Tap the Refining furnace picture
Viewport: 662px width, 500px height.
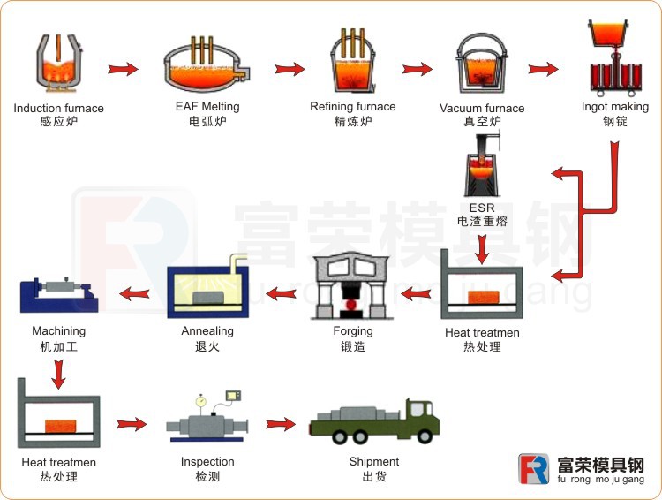pyautogui.click(x=352, y=62)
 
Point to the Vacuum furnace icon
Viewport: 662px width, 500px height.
pyautogui.click(x=482, y=65)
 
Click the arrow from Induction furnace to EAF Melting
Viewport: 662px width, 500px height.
pyautogui.click(x=123, y=68)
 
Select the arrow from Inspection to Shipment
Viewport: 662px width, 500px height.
pyautogui.click(x=282, y=424)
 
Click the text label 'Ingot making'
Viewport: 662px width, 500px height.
pyautogui.click(x=614, y=107)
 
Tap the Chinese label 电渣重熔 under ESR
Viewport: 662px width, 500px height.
pyautogui.click(x=482, y=221)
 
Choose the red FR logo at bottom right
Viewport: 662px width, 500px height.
pyautogui.click(x=534, y=469)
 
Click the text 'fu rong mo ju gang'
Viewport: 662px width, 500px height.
pyautogui.click(x=601, y=480)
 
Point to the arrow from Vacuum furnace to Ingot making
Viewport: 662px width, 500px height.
pyautogui.click(x=544, y=68)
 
